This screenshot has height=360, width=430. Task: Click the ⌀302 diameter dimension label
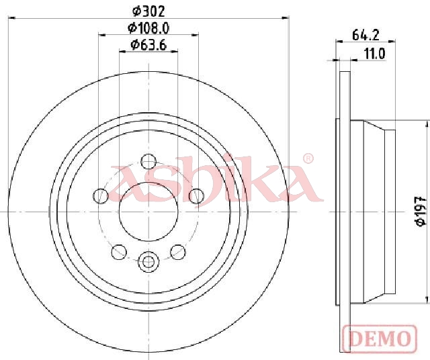click(148, 11)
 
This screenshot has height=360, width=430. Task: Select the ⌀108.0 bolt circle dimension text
click(148, 28)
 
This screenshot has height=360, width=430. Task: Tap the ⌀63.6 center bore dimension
click(148, 45)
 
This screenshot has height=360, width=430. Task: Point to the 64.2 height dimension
click(365, 35)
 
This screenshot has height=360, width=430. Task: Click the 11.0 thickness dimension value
click(375, 54)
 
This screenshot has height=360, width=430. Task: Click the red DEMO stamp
click(380, 339)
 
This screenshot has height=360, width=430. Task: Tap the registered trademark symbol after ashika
click(308, 159)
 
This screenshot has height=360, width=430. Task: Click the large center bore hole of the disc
click(148, 212)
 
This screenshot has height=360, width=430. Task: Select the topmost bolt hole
click(148, 161)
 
